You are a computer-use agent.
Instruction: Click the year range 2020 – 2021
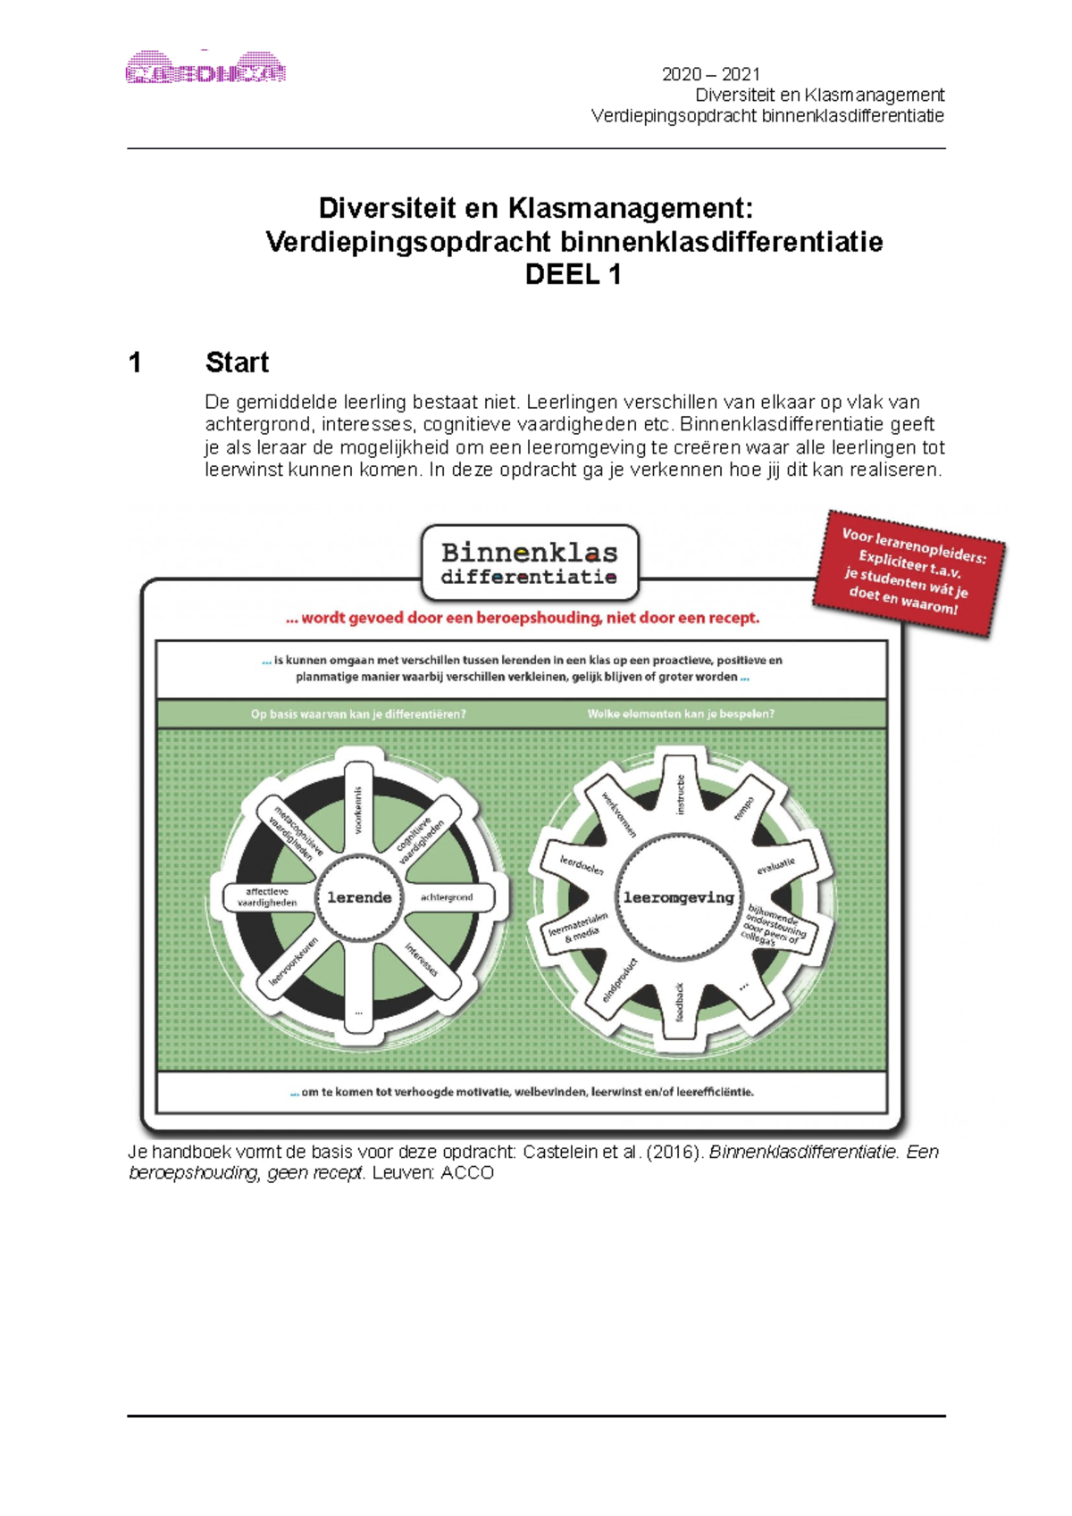pyautogui.click(x=710, y=74)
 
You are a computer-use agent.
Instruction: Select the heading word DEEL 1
pyautogui.click(x=573, y=275)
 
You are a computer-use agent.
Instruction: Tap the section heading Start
pyautogui.click(x=237, y=362)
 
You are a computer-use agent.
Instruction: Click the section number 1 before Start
pyautogui.click(x=135, y=362)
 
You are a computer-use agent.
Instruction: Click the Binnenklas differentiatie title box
pyautogui.click(x=530, y=563)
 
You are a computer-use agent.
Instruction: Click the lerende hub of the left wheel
pyautogui.click(x=359, y=897)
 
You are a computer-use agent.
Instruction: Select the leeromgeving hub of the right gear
pyautogui.click(x=678, y=897)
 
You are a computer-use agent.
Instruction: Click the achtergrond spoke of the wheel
pyautogui.click(x=447, y=897)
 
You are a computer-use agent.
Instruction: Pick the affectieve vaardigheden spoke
pyautogui.click(x=266, y=897)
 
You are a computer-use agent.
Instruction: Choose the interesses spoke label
pyautogui.click(x=422, y=959)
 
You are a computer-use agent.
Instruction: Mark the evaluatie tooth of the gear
pyautogui.click(x=775, y=865)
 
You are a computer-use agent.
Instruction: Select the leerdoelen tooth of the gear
pyautogui.click(x=582, y=865)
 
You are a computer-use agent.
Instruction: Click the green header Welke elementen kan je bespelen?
pyautogui.click(x=681, y=714)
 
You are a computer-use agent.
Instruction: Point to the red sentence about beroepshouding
pyautogui.click(x=523, y=618)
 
